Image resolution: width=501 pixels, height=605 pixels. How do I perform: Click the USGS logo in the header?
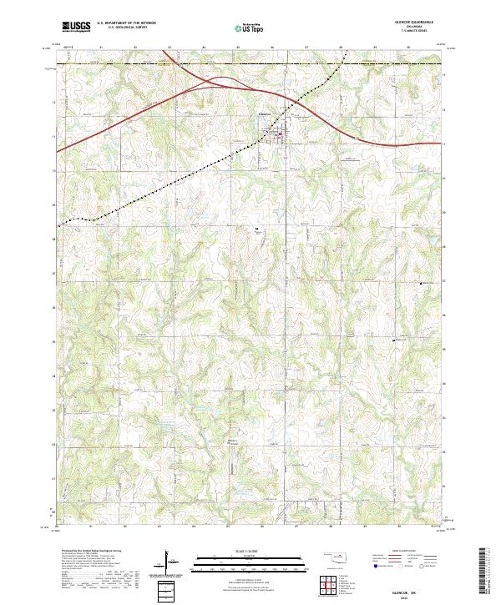pyautogui.click(x=77, y=28)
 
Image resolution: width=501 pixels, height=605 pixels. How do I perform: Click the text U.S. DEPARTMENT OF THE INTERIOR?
pyautogui.click(x=126, y=23)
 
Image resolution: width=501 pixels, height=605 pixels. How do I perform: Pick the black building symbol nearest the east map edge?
pyautogui.click(x=421, y=283)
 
